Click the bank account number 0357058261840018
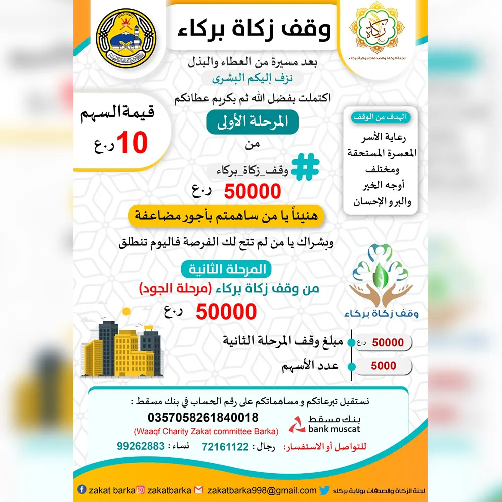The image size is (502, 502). pyautogui.click(x=203, y=417)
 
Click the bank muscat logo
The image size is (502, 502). pyautogui.click(x=324, y=424)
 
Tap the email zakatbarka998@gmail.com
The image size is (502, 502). pyautogui.click(x=262, y=490)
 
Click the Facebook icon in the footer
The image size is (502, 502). pyautogui.click(x=82, y=490)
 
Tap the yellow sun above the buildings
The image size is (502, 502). pyautogui.click(x=126, y=311)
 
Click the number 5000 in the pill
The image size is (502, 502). pyautogui.click(x=384, y=366)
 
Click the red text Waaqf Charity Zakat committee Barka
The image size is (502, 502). pyautogui.click(x=205, y=431)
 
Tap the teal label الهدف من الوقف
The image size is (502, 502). pyautogui.click(x=383, y=117)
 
